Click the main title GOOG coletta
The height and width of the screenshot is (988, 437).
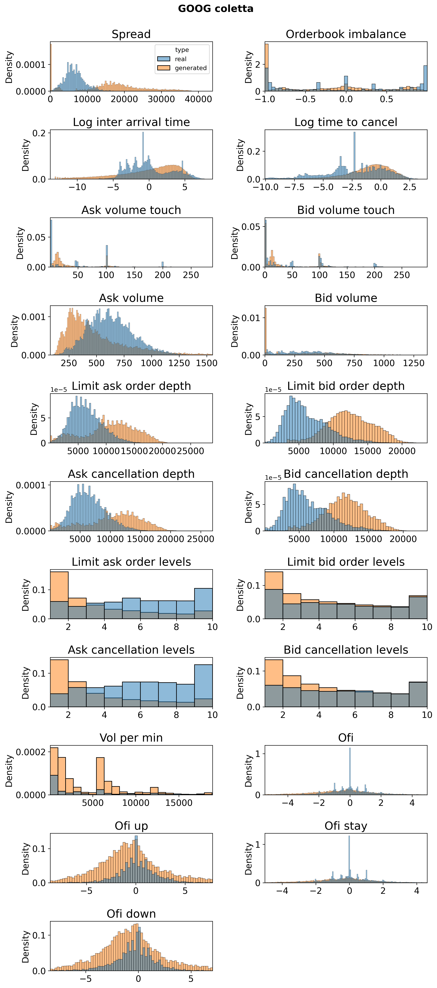point(215,8)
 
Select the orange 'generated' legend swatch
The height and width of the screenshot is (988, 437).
point(164,68)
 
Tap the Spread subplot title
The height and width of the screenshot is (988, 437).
point(131,34)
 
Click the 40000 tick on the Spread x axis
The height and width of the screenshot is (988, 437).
point(198,99)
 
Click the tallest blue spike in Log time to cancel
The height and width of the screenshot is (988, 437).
point(354,153)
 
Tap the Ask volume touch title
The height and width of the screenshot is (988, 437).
point(131,210)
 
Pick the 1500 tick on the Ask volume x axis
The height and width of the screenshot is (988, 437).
point(207,363)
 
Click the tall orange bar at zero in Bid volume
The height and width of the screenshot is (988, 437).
point(266,332)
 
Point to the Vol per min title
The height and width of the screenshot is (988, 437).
point(131,738)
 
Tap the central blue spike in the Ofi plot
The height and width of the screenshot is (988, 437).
point(350,771)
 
